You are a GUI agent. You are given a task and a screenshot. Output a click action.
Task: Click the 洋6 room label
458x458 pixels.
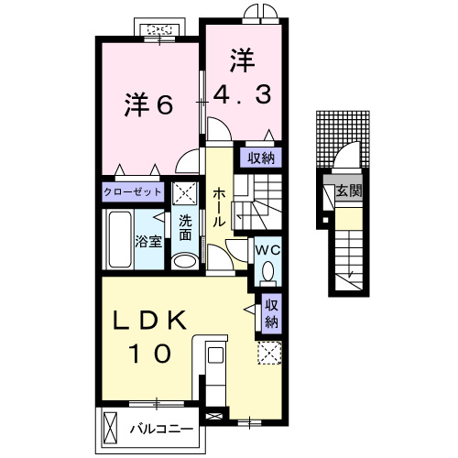(147, 105)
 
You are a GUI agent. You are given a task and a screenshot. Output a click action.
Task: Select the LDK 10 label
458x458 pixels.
(151, 336)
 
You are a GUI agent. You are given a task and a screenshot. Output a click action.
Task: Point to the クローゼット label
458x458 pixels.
(133, 192)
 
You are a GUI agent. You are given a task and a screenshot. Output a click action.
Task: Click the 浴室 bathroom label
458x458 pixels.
(148, 242)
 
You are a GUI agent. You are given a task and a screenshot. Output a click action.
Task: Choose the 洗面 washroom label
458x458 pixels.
(186, 227)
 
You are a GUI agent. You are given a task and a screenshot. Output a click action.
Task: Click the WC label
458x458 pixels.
(267, 249)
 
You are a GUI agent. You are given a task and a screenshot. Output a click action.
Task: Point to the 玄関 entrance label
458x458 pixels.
(348, 192)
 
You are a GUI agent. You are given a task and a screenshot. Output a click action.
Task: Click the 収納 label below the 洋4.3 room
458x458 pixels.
(260, 158)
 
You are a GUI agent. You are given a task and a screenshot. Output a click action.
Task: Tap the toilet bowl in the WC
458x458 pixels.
(268, 270)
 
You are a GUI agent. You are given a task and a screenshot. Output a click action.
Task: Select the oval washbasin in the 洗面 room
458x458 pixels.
(184, 261)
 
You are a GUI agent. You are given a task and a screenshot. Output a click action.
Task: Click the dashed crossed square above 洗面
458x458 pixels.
(185, 193)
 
